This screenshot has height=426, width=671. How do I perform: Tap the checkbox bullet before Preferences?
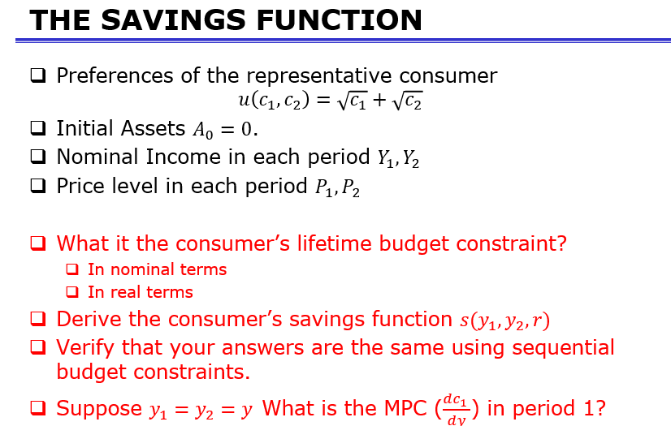[x=37, y=76]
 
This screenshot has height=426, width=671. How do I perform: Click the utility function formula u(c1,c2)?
[x=331, y=101]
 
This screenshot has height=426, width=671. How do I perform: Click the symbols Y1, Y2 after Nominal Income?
[x=398, y=157]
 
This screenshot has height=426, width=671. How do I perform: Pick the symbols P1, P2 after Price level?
[x=335, y=187]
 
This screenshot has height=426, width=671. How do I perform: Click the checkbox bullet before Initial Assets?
[x=37, y=128]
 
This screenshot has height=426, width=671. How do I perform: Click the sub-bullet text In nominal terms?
[x=157, y=269]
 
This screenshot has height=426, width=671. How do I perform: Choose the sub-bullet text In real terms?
[x=140, y=292]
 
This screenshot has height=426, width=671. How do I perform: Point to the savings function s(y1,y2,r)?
[x=504, y=321]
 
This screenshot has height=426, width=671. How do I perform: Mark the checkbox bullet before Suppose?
[x=37, y=407]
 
